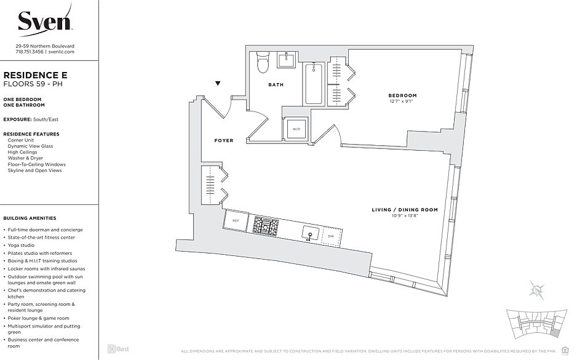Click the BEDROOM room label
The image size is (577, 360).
402,95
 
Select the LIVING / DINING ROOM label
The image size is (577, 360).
404,210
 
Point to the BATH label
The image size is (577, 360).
276,85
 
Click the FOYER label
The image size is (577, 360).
223,140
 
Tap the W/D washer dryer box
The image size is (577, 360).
295,129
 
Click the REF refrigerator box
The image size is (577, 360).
236,220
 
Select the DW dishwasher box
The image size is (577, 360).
331,236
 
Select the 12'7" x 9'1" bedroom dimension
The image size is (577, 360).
402,102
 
